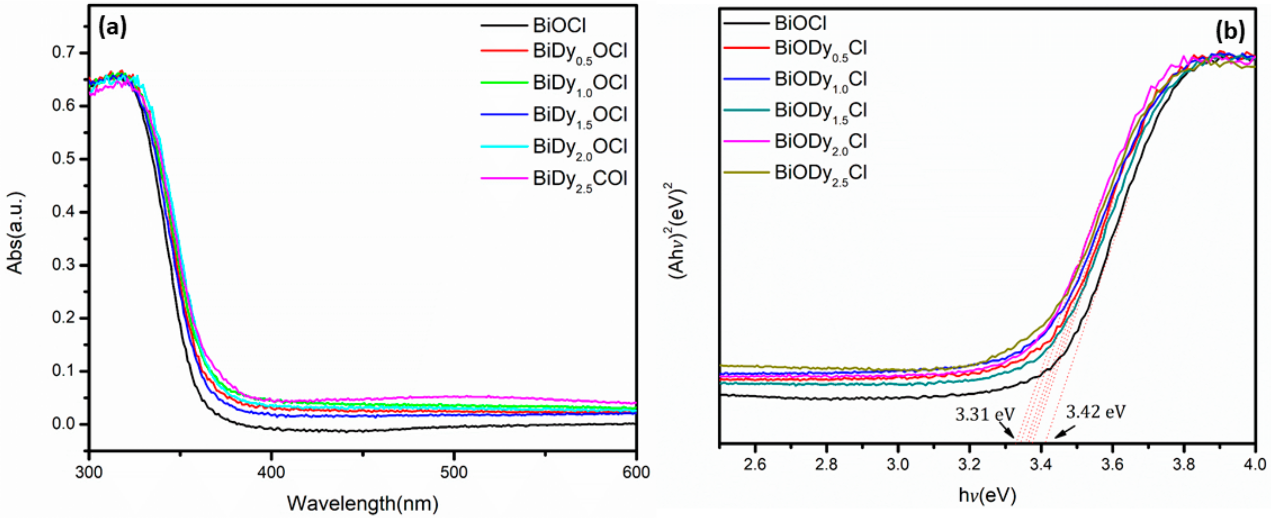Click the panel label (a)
pyautogui.click(x=113, y=27)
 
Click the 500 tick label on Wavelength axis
pyautogui.click(x=454, y=472)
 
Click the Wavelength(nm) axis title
pyautogui.click(x=363, y=503)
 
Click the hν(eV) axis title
pyautogui.click(x=987, y=495)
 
